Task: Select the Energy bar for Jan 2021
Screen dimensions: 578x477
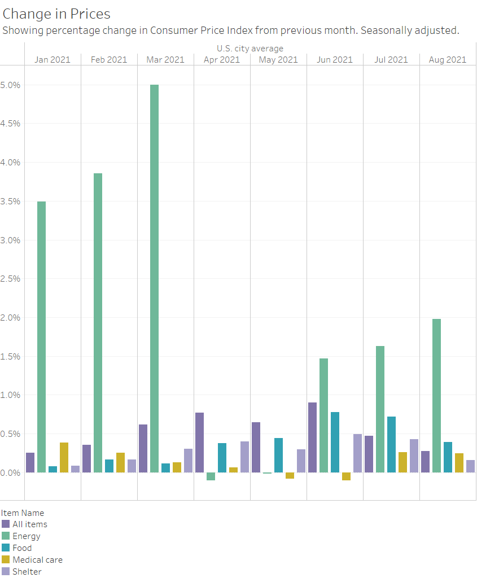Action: tap(41, 337)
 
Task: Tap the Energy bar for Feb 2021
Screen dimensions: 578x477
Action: tap(98, 323)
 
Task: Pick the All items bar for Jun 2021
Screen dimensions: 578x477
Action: tap(312, 437)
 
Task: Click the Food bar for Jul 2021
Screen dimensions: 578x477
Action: tap(391, 444)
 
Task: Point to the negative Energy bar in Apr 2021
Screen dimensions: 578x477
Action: tap(211, 476)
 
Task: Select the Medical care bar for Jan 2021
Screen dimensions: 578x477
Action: tap(64, 458)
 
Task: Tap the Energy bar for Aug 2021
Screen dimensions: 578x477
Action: tap(436, 396)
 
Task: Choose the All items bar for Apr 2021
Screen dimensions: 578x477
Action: tap(199, 443)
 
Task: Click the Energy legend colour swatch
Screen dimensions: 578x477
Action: tap(6, 536)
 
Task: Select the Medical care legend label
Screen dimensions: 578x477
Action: tap(37, 560)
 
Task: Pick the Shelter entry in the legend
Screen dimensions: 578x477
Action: tap(27, 572)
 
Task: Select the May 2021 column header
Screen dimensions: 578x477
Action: tap(278, 60)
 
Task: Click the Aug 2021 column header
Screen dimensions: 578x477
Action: tap(448, 60)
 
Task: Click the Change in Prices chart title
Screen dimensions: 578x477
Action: tap(56, 14)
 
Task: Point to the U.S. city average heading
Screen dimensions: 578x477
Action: tap(250, 49)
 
